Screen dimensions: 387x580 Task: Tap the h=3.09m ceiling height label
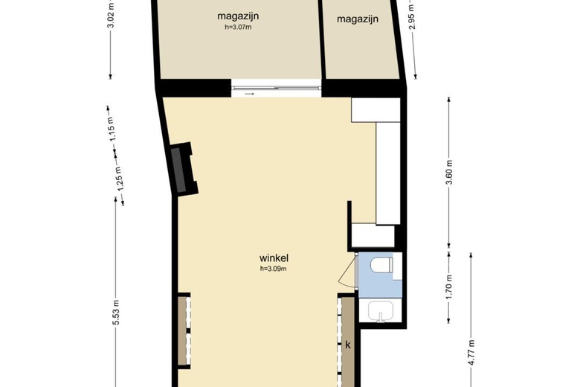(x=273, y=269)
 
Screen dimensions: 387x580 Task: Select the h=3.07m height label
(x=238, y=28)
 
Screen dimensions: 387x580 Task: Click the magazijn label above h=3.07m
(x=238, y=16)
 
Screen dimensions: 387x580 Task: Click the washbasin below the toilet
(x=381, y=313)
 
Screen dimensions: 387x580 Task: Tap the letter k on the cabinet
(x=347, y=345)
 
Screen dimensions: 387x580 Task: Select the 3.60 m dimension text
(x=449, y=173)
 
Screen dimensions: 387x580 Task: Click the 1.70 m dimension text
(x=449, y=287)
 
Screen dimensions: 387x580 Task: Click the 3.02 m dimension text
(x=111, y=15)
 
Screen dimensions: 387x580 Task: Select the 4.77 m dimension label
(x=471, y=348)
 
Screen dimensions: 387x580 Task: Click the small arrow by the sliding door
(x=248, y=94)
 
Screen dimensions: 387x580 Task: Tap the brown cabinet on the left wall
(x=183, y=331)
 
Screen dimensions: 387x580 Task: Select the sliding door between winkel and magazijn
(x=276, y=89)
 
